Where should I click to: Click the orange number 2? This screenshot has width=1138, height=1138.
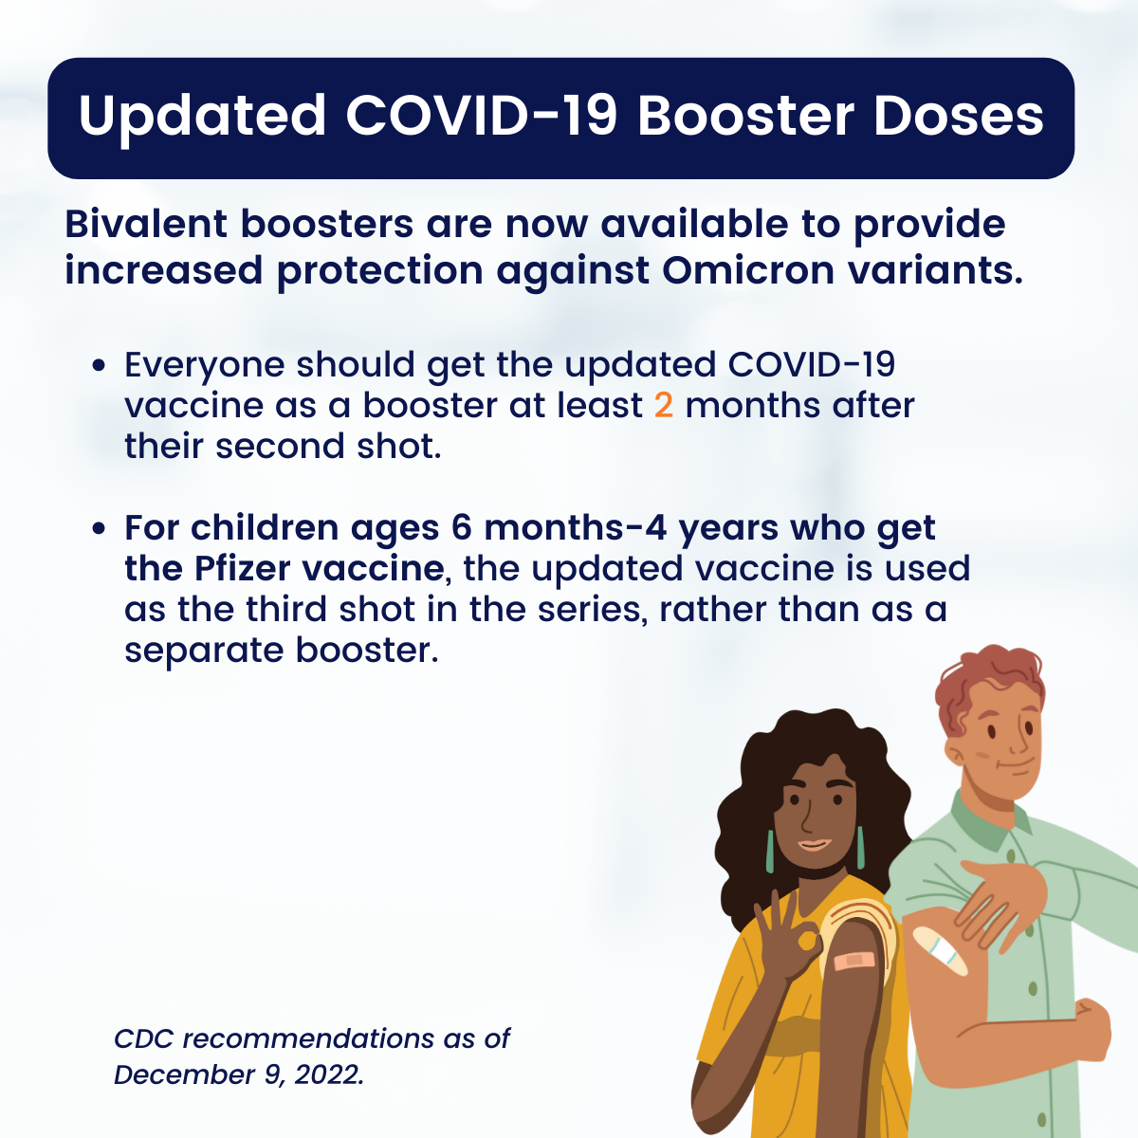click(x=664, y=406)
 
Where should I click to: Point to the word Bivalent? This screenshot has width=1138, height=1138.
click(x=146, y=224)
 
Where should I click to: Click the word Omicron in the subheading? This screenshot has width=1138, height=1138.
click(x=747, y=270)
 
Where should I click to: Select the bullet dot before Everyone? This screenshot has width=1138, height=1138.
click(x=100, y=365)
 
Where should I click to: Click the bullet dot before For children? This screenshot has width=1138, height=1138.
click(x=100, y=528)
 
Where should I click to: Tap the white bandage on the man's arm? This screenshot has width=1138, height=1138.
click(x=941, y=951)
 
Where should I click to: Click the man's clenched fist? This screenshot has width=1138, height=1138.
click(x=1092, y=1029)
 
